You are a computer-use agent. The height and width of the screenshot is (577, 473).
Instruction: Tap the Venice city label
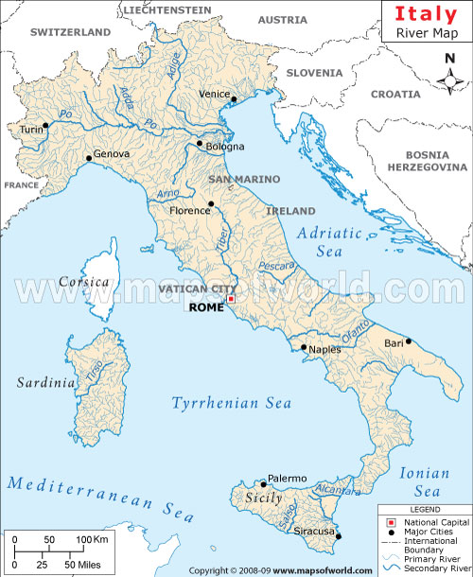coord(215,94)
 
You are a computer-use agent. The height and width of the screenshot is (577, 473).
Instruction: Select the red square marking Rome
coord(231,299)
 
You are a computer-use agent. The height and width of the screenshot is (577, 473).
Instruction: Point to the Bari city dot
coord(409,341)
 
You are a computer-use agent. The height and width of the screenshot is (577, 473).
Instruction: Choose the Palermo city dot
coord(263,484)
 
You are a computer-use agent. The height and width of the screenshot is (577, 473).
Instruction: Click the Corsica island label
coord(79,282)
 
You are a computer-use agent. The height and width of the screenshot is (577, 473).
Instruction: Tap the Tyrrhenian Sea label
coord(231,404)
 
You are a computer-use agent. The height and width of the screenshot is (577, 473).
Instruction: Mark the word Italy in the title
coord(426,14)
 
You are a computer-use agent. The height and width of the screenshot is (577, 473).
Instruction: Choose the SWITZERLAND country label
coord(71,31)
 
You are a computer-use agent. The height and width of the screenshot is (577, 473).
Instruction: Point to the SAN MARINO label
coord(244,179)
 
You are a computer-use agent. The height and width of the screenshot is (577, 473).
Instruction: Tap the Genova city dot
coord(89,158)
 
